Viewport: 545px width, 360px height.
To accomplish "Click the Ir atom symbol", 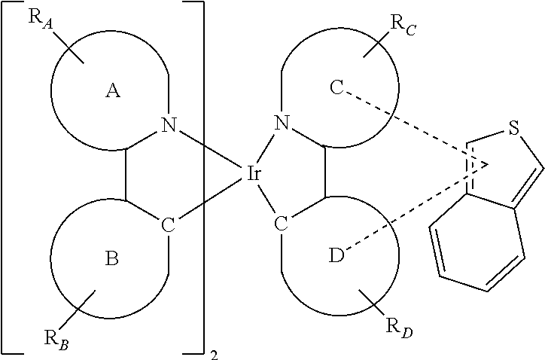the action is click(254, 173).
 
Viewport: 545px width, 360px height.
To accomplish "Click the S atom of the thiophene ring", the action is click(513, 127).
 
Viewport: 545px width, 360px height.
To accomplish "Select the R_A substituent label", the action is click(41, 19).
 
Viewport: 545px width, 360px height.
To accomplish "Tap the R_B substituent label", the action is click(56, 339).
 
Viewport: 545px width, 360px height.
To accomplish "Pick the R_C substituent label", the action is click(403, 24).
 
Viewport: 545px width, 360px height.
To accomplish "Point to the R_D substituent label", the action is click(400, 328).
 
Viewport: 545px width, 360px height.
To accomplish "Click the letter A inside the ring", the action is click(113, 91).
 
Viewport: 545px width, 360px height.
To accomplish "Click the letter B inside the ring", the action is click(111, 259).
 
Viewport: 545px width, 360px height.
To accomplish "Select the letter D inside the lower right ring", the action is click(336, 255).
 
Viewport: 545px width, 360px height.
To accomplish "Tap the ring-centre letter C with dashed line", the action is click(336, 87).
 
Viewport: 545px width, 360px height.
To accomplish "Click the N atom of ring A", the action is click(169, 124).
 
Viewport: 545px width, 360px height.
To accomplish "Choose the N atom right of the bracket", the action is click(282, 123).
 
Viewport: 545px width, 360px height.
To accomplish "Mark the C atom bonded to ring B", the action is click(168, 225).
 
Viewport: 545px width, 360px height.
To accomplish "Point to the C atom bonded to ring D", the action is click(282, 223).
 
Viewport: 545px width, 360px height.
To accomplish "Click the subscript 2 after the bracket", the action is click(215, 355).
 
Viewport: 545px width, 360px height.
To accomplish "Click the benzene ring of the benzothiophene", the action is click(477, 243).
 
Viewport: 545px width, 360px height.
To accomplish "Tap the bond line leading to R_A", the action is click(68, 47).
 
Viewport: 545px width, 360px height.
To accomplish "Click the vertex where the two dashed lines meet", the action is click(489, 164).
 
